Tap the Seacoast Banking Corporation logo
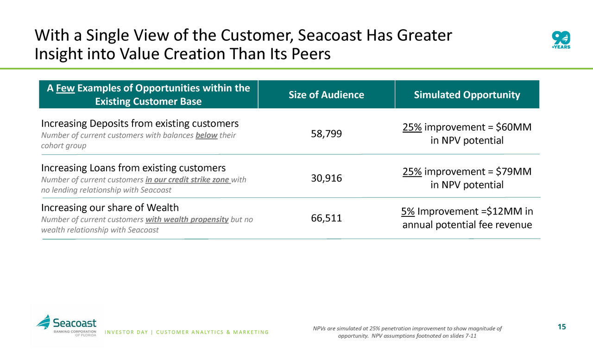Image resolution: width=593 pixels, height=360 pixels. pyautogui.click(x=67, y=326)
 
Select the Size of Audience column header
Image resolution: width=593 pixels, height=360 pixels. pyautogui.click(x=326, y=95)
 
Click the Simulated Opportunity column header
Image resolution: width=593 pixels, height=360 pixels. pyautogui.click(x=467, y=95)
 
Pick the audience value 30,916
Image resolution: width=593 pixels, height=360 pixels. pyautogui.click(x=326, y=178)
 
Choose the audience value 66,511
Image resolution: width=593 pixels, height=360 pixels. pyautogui.click(x=326, y=218)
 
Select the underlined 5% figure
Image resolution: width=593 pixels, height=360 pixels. pyautogui.click(x=408, y=212)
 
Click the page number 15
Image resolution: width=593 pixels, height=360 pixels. pyautogui.click(x=561, y=327)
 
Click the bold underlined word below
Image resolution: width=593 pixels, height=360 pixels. pyautogui.click(x=207, y=135)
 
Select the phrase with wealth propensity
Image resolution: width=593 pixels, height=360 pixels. pyautogui.click(x=187, y=220)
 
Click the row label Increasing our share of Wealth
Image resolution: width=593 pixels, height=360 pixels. pyautogui.click(x=110, y=207)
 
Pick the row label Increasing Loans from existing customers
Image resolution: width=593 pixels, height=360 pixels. pyautogui.click(x=133, y=167)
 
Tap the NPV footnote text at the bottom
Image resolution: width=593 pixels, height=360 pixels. pyautogui.click(x=407, y=332)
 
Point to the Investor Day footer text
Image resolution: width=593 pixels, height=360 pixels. pyautogui.click(x=187, y=332)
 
